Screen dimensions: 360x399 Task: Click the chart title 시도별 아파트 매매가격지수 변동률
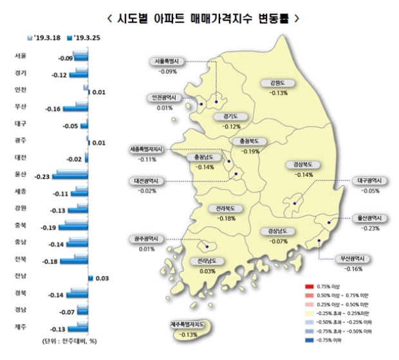click(200, 15)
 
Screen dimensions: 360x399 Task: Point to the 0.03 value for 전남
click(102, 278)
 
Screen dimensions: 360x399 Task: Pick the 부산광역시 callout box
click(353, 259)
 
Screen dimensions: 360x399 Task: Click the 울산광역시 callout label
click(370, 218)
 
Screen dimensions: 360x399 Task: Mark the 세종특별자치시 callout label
click(148, 150)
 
